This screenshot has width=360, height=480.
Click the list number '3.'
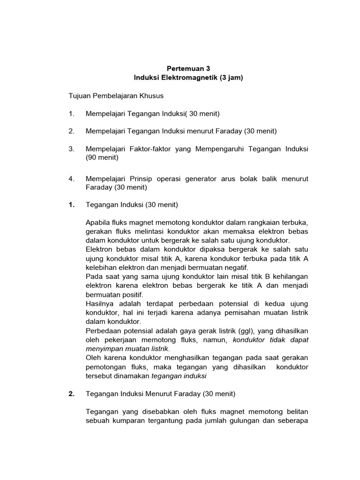[71, 149]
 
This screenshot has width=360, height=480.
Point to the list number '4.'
[71, 179]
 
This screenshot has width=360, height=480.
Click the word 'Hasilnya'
[100, 303]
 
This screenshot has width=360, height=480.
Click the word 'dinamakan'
[133, 376]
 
